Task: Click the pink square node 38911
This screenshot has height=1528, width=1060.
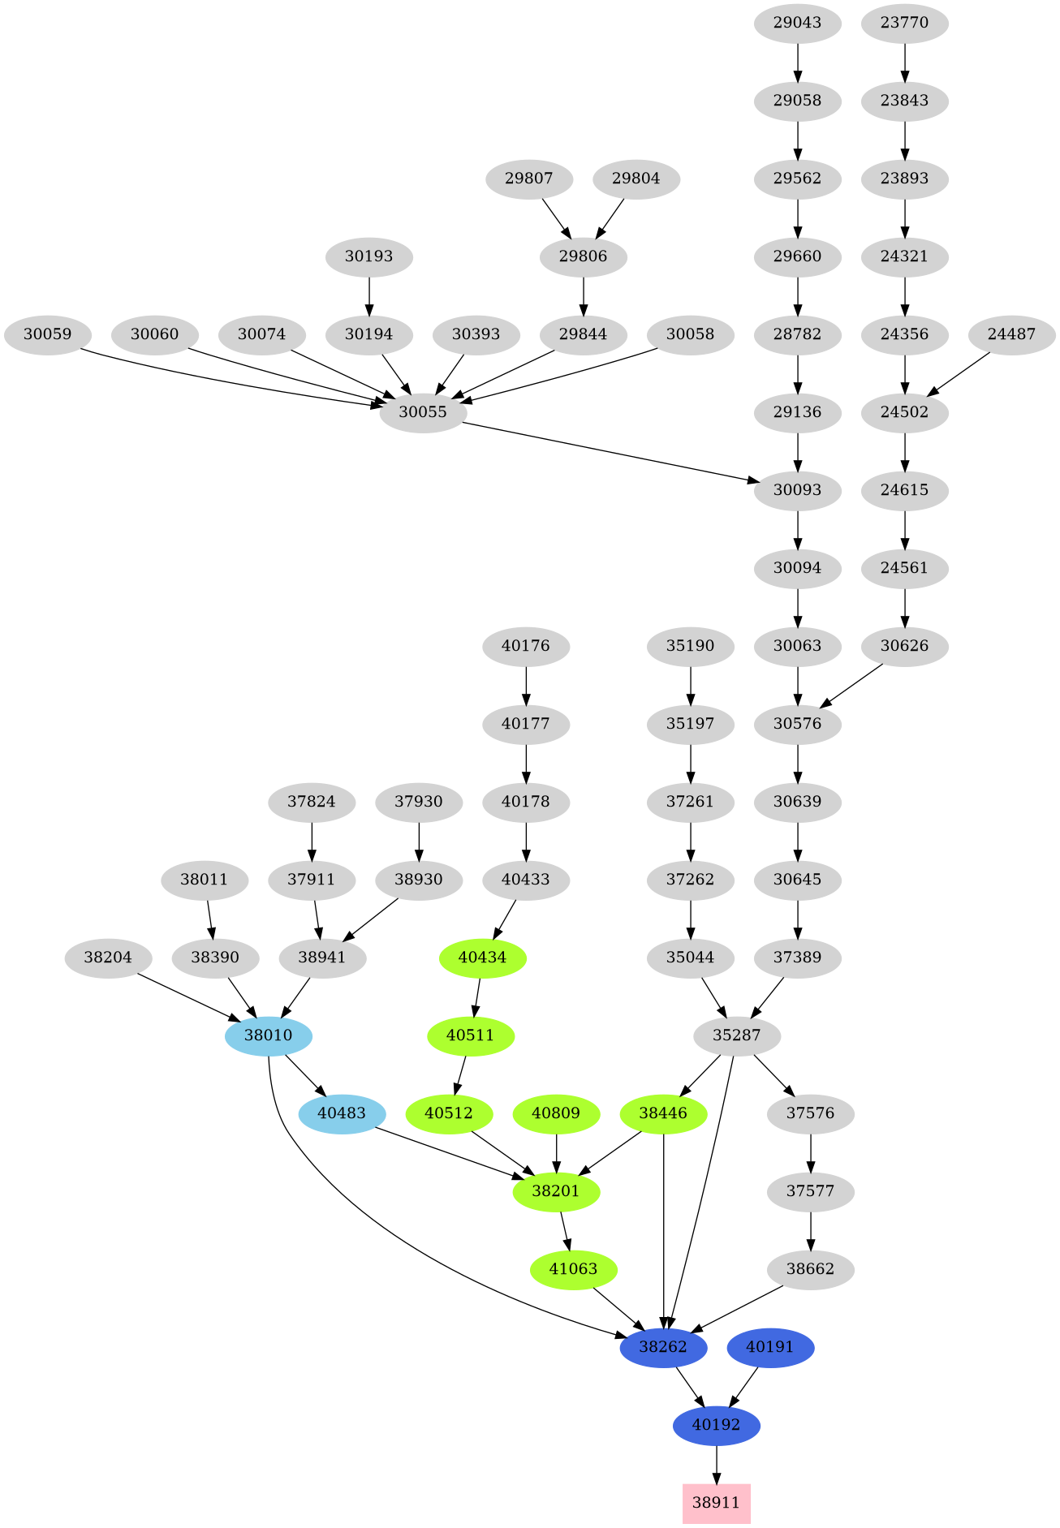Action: pos(716,1503)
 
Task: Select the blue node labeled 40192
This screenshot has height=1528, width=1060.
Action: pos(716,1425)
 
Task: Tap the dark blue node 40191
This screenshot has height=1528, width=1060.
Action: pos(770,1347)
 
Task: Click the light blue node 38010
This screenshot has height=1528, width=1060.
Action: pos(269,1035)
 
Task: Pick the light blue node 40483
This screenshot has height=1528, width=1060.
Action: pos(342,1113)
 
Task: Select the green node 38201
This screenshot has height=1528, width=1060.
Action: pos(556,1191)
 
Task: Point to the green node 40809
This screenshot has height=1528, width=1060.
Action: pos(556,1113)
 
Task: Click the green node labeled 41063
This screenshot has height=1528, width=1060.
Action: pos(573,1269)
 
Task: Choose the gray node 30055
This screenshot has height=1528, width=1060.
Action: pos(423,412)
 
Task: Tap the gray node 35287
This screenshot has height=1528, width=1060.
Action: pos(737,1035)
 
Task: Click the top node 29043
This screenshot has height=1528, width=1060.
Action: pos(797,23)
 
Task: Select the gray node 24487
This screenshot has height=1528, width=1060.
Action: pos(1011,334)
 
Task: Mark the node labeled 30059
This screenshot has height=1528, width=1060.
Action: pos(47,334)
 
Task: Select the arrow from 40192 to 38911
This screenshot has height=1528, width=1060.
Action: pos(716,1465)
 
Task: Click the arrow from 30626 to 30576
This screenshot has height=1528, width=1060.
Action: pos(852,686)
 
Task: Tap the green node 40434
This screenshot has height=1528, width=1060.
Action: pos(483,958)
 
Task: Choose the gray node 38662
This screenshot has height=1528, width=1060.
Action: pos(810,1269)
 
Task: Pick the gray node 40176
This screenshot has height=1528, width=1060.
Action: pos(526,646)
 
